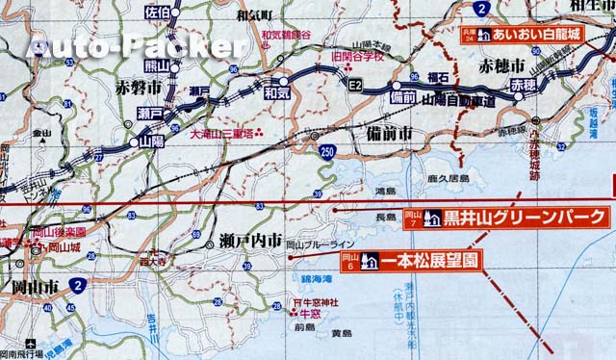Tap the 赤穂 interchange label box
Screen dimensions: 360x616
click(x=523, y=86)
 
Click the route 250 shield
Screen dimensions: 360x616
click(x=329, y=152)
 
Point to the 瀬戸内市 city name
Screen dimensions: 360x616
click(x=250, y=239)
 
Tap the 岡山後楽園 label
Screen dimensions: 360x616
click(x=60, y=232)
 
